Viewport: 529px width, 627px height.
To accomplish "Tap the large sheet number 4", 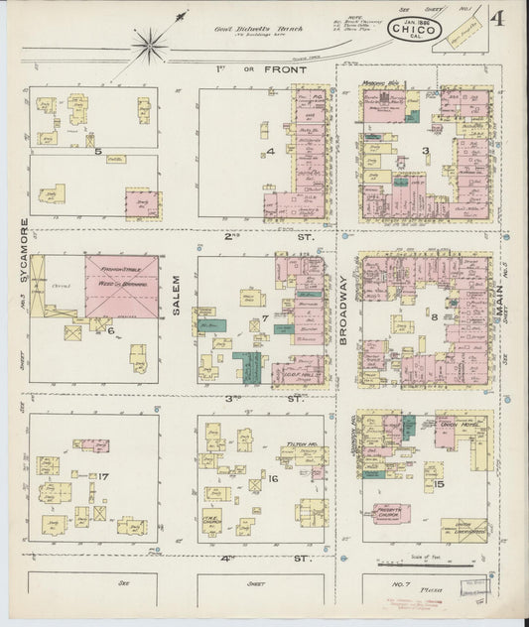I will (x=494, y=19).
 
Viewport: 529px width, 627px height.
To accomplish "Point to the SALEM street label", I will (x=177, y=295).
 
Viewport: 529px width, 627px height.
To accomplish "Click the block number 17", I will (x=103, y=477).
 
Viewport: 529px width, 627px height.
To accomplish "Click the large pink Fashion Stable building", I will (x=120, y=286).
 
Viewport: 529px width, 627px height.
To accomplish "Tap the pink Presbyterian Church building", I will (x=390, y=513).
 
